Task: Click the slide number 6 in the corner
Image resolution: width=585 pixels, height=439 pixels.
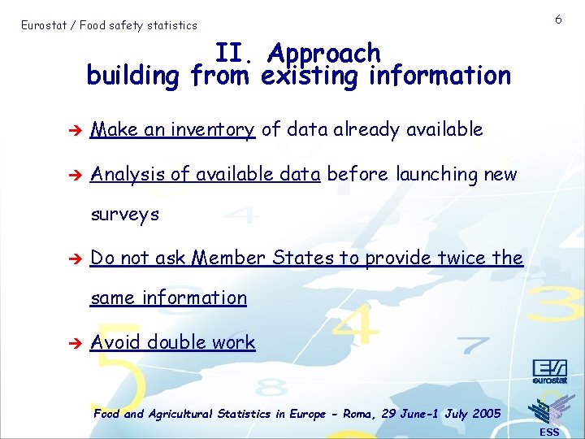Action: point(559,19)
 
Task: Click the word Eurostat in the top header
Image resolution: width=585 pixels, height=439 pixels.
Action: point(44,25)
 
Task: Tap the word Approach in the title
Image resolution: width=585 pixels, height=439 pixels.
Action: point(323,53)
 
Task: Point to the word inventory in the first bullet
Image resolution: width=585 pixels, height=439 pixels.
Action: point(213,129)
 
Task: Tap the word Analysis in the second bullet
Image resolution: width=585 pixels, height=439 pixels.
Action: point(126,174)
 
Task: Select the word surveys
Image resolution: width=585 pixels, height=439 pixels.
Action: point(125,215)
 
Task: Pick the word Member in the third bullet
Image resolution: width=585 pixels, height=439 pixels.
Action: point(229,259)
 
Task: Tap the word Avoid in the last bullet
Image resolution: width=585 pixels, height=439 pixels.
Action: point(115,342)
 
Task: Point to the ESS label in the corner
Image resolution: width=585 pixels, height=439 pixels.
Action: point(549,432)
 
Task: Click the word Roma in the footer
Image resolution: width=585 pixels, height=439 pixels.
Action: point(356,414)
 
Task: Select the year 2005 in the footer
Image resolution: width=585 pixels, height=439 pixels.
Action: point(486,414)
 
